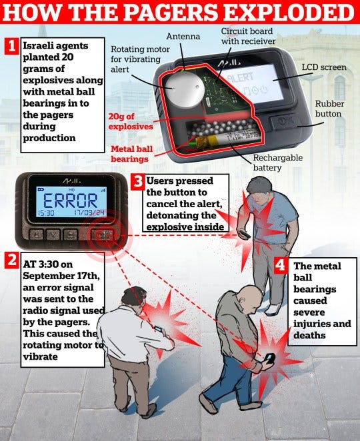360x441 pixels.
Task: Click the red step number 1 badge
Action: point(12,47)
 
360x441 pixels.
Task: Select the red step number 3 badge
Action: point(137,181)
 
